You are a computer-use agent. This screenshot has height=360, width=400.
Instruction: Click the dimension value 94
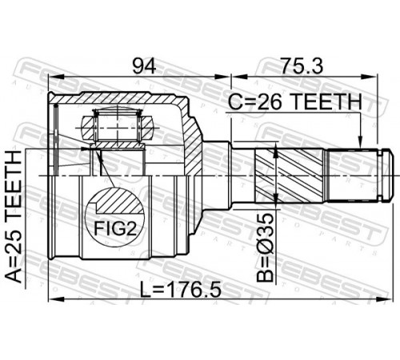[x=144, y=66]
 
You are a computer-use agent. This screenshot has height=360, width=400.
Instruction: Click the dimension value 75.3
[x=302, y=66]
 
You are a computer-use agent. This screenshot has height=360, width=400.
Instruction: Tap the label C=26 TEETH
[x=295, y=102]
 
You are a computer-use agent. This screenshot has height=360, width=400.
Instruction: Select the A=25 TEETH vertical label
[x=14, y=217]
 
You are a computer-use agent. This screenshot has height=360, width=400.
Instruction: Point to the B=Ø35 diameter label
[x=266, y=247]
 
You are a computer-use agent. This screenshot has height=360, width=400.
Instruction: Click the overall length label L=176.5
[x=181, y=290]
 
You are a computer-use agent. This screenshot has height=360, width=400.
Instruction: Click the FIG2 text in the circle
[x=116, y=229]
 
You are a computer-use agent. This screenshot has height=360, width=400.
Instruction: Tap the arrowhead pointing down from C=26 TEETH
[x=360, y=142]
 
